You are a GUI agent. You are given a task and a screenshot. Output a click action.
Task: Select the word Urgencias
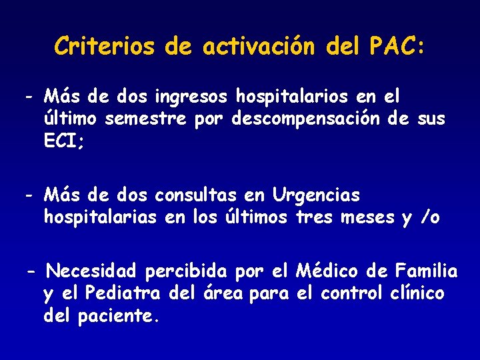[316, 196]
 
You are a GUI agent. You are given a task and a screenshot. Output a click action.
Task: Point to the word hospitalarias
[100, 217]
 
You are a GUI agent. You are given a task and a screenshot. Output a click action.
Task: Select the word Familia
[426, 272]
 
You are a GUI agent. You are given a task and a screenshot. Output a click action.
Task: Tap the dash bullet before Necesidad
[31, 272]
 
